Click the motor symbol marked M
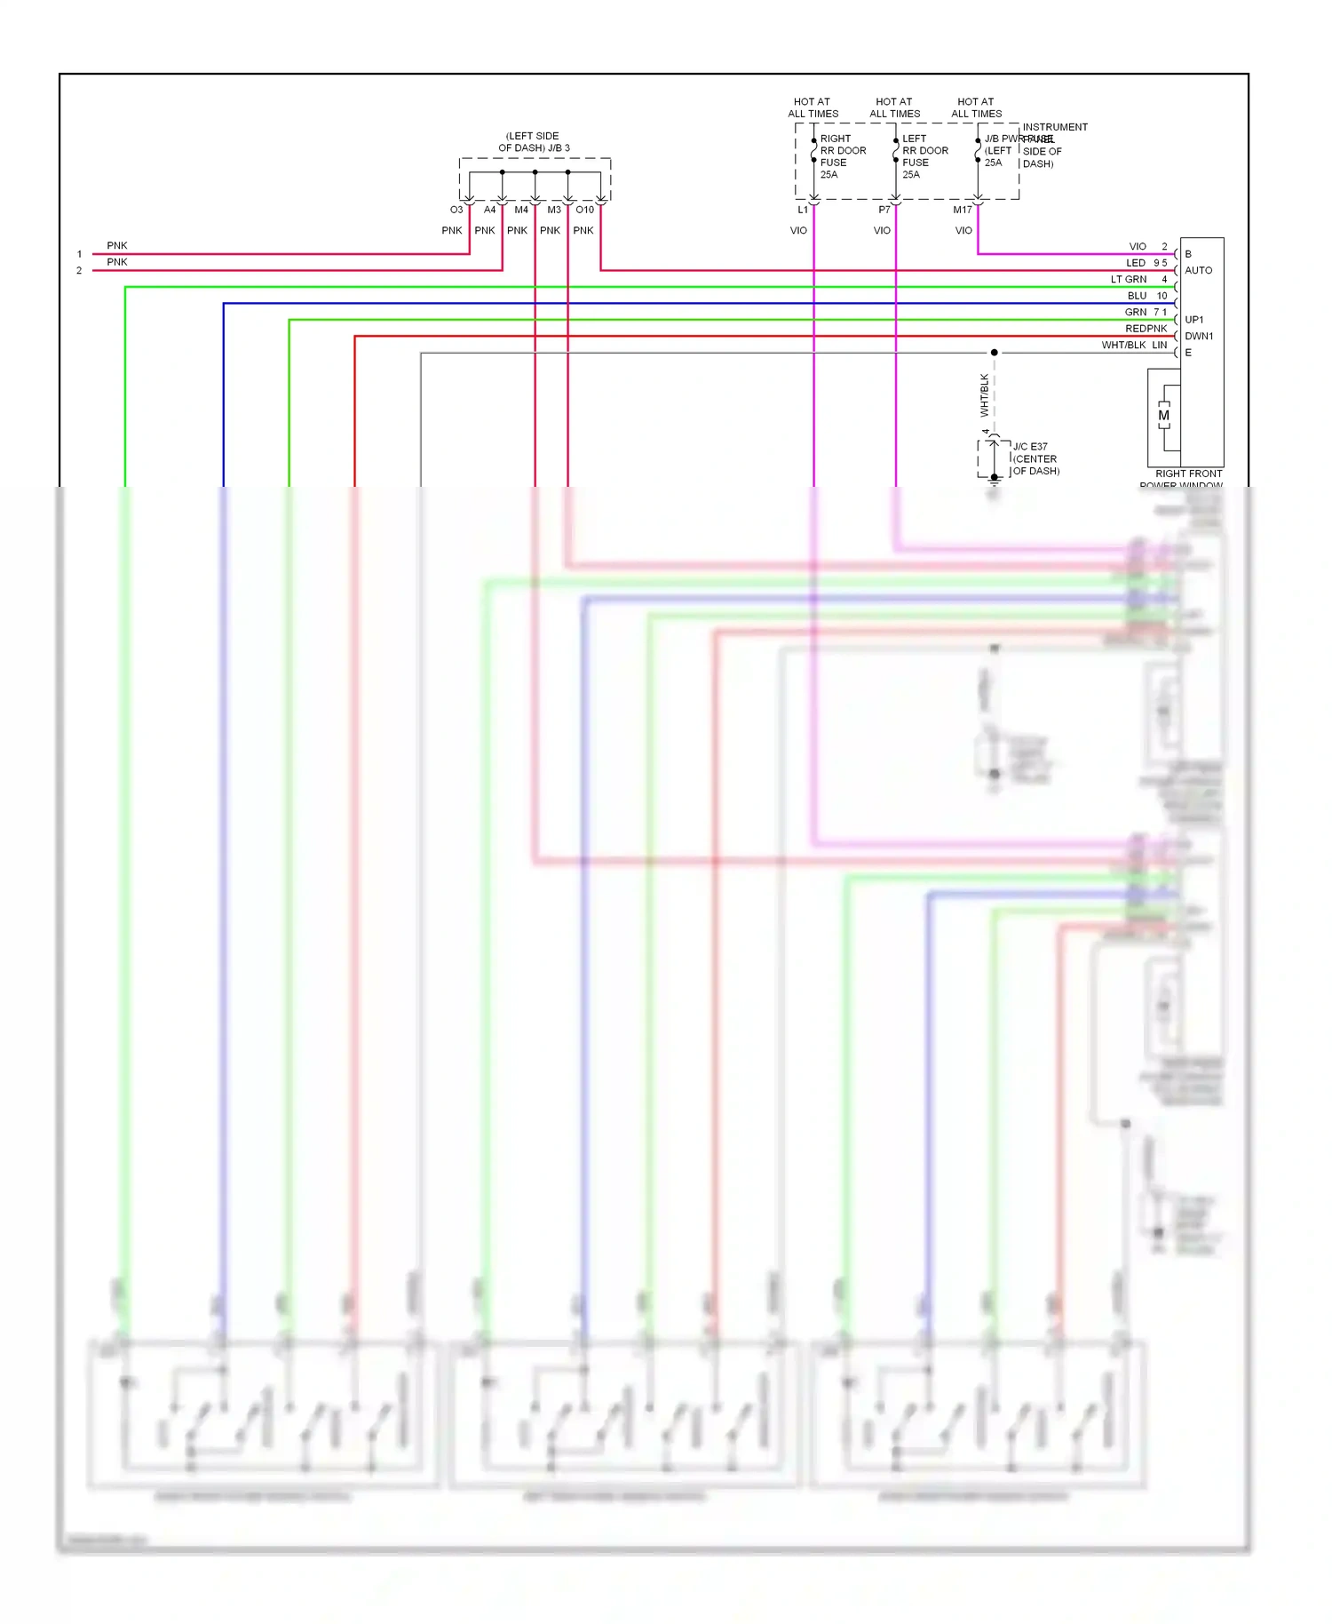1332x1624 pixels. point(1163,416)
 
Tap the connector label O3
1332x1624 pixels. point(456,211)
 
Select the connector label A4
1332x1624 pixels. point(489,211)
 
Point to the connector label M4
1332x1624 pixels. point(521,211)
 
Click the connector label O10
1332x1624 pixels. point(584,211)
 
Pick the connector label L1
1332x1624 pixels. point(803,211)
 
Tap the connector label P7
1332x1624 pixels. point(884,211)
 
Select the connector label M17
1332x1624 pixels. point(963,211)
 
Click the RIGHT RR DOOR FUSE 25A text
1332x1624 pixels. point(842,156)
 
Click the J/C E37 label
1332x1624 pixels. point(1030,447)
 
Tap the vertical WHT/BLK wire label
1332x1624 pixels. point(985,395)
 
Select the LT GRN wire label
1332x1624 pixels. point(1128,280)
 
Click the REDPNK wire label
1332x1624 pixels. point(1146,329)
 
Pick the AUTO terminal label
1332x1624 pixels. point(1198,270)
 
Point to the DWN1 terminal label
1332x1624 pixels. point(1198,337)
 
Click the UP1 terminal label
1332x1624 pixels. point(1194,320)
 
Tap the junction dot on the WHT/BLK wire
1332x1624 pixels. point(995,353)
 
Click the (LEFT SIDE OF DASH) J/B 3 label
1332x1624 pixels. point(534,142)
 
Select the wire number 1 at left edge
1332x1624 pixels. point(79,254)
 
